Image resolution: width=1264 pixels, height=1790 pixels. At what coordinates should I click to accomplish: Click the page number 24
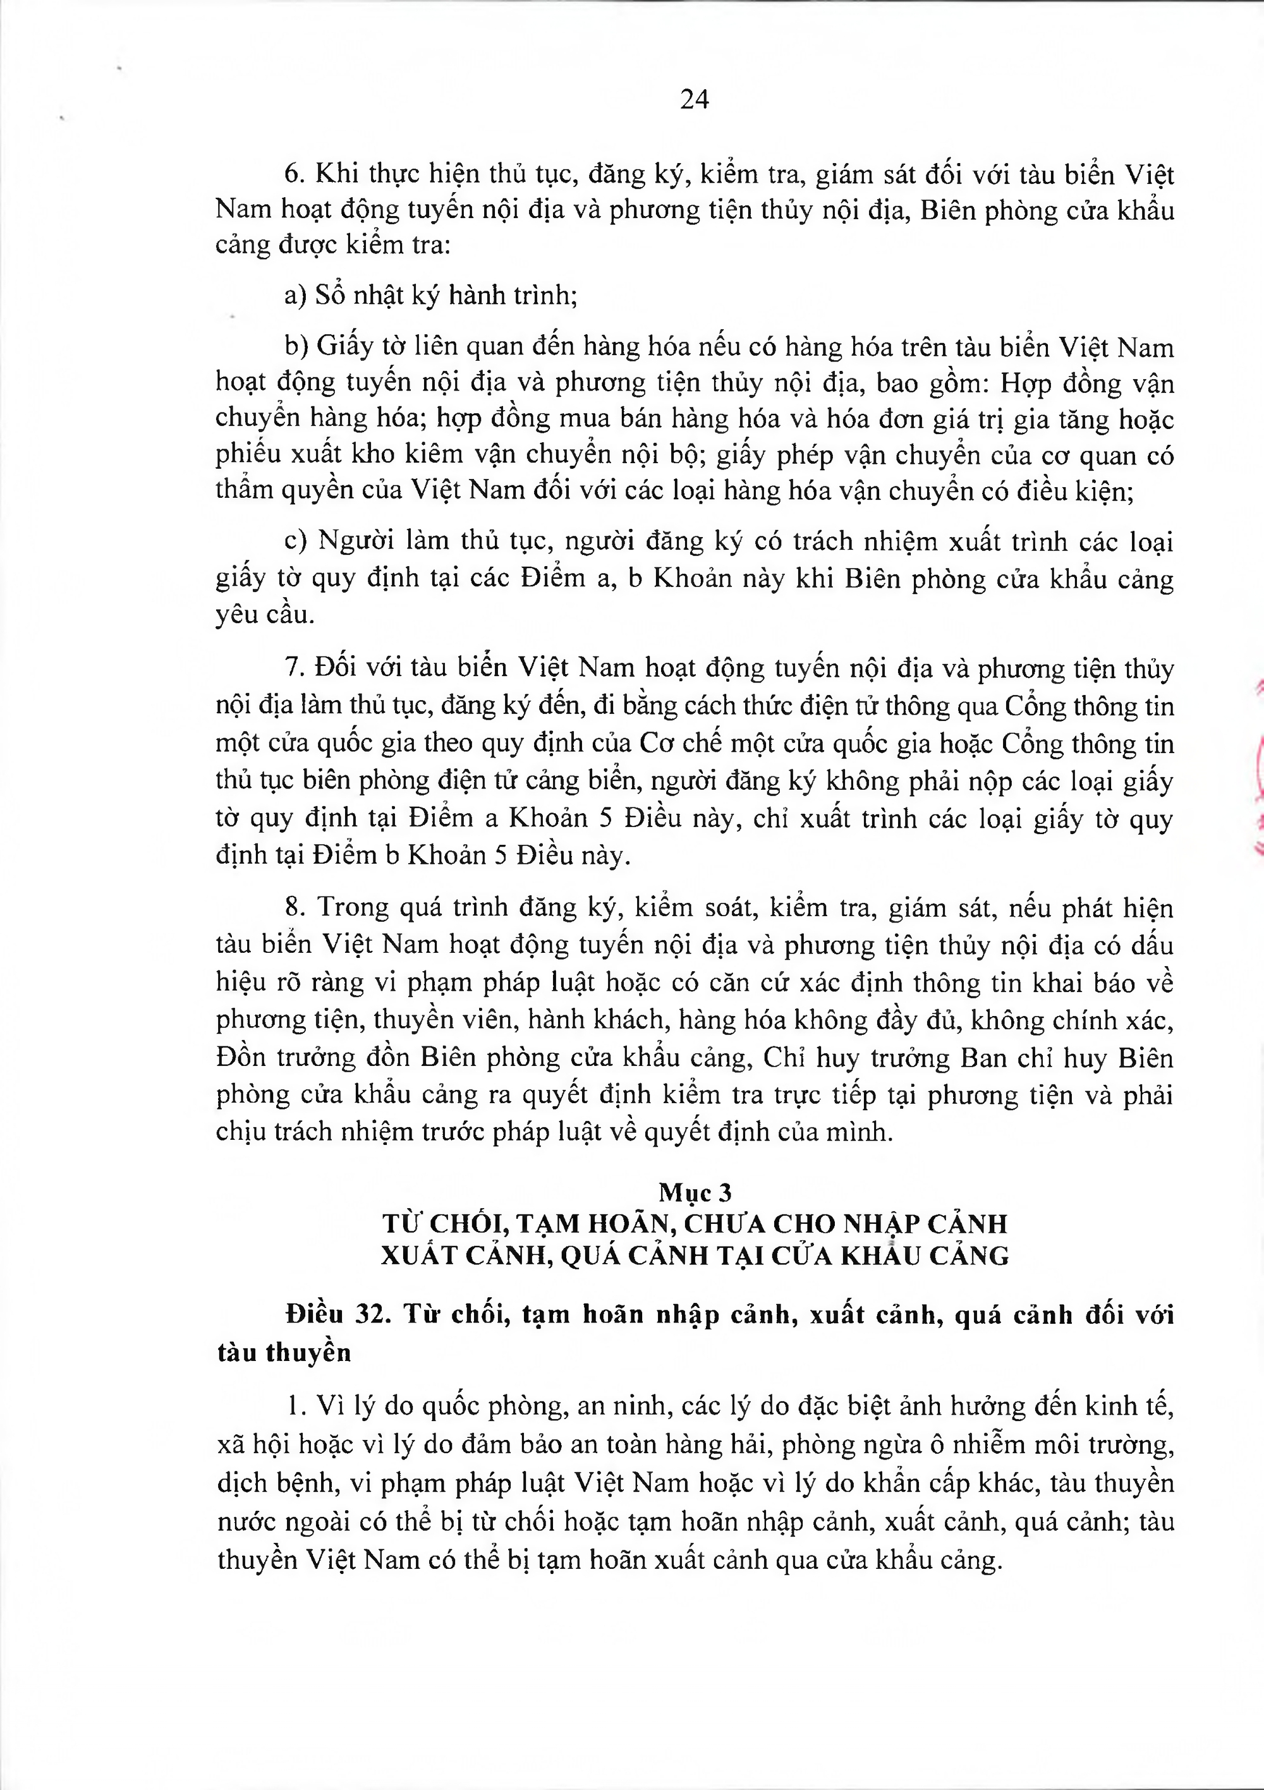point(694,100)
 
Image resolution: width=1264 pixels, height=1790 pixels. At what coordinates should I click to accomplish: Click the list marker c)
point(296,541)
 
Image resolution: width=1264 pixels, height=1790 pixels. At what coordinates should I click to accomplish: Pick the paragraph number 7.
point(294,668)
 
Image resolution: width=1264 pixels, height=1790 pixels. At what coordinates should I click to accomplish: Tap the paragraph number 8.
point(294,907)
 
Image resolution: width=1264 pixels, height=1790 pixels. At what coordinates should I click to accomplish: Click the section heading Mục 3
point(695,1193)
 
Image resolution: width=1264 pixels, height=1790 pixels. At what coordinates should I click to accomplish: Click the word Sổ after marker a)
point(331,296)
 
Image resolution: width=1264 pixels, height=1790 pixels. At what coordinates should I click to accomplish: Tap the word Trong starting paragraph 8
point(353,907)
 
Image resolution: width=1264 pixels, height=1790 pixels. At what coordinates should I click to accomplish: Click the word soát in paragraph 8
point(726,907)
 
